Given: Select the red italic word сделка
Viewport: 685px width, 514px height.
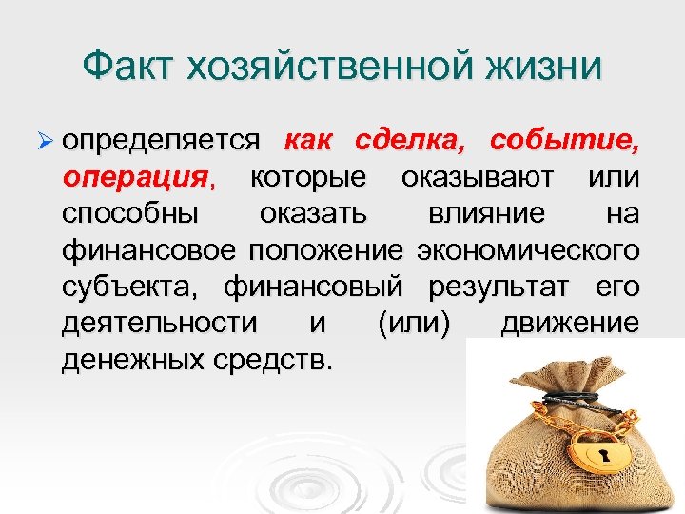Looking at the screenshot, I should (x=410, y=141).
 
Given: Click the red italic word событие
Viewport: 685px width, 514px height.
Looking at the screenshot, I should (x=564, y=141).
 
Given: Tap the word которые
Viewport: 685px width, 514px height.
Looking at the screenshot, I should (x=308, y=177).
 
